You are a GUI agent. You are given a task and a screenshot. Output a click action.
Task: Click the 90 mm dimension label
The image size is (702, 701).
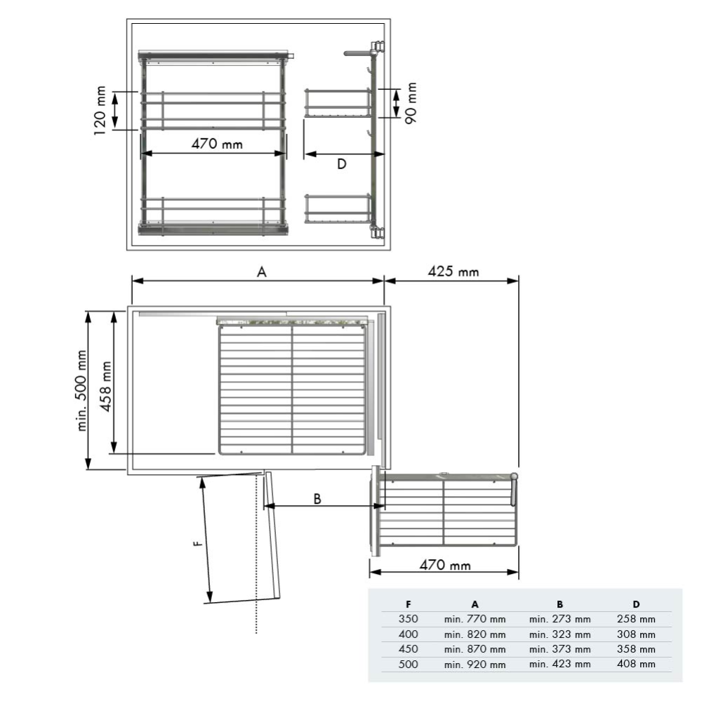click(x=411, y=103)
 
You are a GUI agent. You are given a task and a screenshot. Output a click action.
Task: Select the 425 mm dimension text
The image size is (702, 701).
click(x=453, y=271)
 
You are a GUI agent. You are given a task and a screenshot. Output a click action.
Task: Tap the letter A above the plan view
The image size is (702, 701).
click(x=262, y=272)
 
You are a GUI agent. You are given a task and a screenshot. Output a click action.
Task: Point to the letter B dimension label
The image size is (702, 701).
click(x=317, y=498)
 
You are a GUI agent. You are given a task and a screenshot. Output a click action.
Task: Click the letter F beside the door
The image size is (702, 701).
click(x=198, y=542)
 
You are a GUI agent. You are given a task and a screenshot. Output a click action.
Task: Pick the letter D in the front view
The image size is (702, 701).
click(x=341, y=164)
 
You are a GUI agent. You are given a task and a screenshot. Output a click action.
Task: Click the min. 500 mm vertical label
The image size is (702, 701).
click(x=83, y=390)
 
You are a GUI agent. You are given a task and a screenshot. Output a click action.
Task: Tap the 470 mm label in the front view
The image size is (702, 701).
click(x=217, y=144)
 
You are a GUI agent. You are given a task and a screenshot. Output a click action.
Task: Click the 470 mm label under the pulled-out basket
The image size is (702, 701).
click(x=445, y=565)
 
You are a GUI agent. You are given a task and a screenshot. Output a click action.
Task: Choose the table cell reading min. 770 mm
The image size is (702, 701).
click(x=475, y=619)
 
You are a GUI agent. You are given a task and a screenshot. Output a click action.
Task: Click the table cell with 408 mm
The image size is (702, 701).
click(x=636, y=664)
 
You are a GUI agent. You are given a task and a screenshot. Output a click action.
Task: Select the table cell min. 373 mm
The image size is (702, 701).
click(x=559, y=649)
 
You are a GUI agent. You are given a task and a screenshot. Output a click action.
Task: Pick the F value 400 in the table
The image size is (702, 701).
click(x=408, y=634)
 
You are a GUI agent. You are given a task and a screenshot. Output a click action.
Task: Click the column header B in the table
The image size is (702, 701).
click(x=559, y=604)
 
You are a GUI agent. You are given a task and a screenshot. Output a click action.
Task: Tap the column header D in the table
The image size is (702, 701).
click(x=636, y=604)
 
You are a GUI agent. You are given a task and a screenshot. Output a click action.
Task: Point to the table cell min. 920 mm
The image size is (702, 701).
click(x=475, y=664)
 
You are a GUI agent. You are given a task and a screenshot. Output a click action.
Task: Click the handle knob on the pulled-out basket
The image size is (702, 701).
click(x=514, y=477)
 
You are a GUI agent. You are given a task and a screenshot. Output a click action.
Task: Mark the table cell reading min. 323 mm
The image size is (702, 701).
click(x=559, y=634)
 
